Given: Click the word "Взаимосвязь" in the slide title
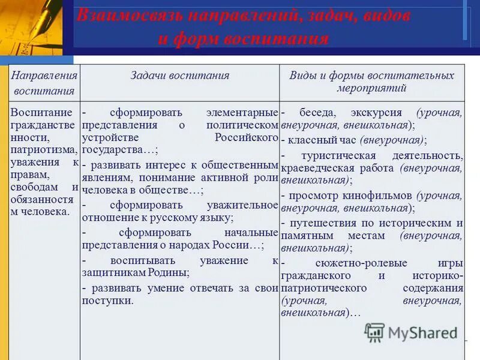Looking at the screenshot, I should point(129,16).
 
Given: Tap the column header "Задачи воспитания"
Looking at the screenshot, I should point(180,75).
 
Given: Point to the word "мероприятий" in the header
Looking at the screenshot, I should point(371,88).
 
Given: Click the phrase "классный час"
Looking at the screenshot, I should point(322,140).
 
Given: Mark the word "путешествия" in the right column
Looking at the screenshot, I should point(319,223).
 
